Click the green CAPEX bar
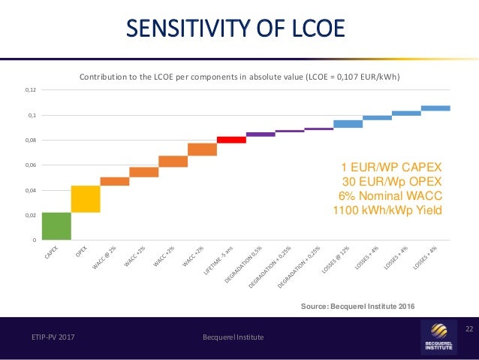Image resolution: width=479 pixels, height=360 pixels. [56, 226]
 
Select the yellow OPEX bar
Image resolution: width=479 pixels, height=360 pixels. [86, 199]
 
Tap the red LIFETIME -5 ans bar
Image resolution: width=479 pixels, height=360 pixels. [231, 140]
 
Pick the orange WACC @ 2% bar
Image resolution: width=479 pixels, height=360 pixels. [115, 181]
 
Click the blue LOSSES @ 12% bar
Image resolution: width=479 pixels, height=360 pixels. [348, 124]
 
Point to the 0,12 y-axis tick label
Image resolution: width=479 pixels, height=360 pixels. [31, 90]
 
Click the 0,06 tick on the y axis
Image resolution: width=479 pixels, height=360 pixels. [31, 165]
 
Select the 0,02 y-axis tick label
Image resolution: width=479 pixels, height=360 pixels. [31, 215]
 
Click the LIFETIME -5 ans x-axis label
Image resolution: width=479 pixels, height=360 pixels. [221, 259]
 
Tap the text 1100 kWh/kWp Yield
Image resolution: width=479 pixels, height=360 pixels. [387, 210]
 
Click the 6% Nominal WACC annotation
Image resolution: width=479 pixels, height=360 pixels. [390, 195]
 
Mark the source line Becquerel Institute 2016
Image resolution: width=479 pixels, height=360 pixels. [357, 306]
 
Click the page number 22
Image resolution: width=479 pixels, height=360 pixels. [469, 329]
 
